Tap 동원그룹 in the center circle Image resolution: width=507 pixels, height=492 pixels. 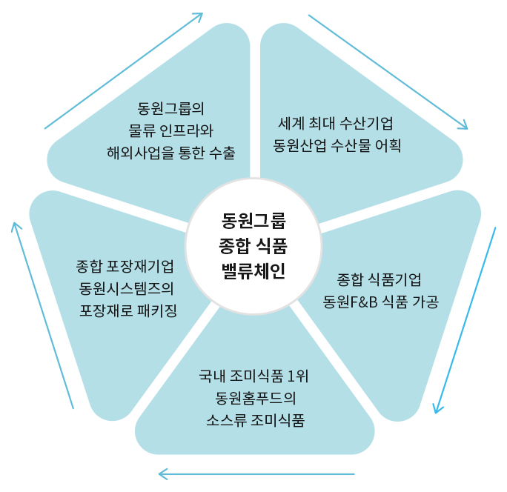tap(253, 220)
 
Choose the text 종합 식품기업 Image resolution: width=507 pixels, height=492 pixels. tap(379, 279)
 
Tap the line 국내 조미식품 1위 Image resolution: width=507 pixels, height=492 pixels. tap(253, 376)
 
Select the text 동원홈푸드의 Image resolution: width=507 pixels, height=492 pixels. tap(253, 398)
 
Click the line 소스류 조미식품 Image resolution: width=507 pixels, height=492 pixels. tap(253, 420)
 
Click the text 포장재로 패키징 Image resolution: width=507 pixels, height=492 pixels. tap(127, 309)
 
